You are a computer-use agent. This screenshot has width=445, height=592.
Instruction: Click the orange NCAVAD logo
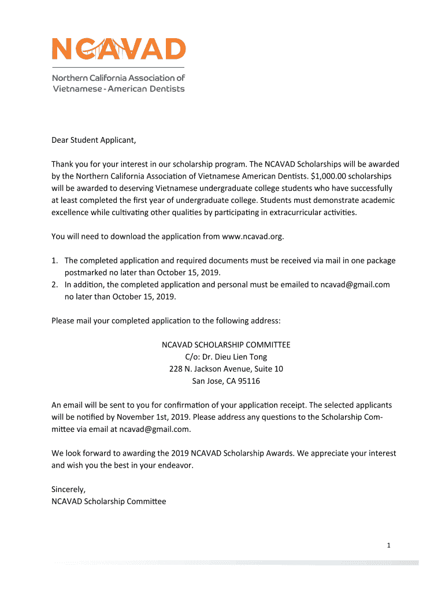(119, 49)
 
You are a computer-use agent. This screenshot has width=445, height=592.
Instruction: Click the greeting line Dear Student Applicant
(94, 140)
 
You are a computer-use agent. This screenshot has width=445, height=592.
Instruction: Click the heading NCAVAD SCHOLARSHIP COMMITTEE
(225, 345)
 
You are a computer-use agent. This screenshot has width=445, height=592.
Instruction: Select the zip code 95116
(249, 381)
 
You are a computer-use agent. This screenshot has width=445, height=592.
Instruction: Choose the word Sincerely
(68, 490)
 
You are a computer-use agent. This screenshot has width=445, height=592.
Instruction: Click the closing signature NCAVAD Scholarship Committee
(109, 501)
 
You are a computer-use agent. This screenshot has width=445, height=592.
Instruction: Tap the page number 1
(390, 545)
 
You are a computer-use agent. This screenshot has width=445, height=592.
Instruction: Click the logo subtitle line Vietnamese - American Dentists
(118, 89)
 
